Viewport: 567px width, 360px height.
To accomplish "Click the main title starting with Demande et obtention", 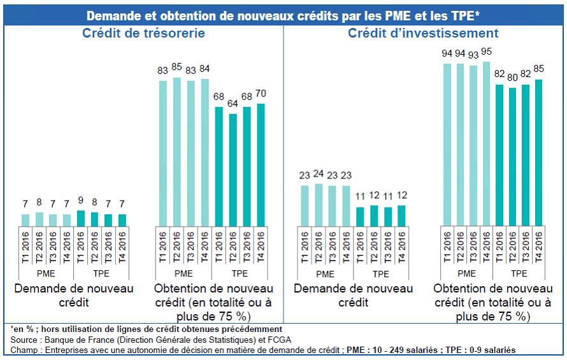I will (283, 15).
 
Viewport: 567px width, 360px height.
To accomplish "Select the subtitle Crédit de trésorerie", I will (143, 33).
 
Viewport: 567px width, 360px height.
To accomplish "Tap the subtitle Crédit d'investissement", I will (423, 33).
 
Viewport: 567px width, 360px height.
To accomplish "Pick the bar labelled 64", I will (233, 169).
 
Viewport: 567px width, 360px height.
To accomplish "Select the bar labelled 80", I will (513, 156).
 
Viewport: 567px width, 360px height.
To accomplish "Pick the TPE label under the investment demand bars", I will (380, 274).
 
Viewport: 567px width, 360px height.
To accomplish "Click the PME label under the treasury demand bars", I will (46, 274).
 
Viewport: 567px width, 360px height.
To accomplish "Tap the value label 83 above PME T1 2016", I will (163, 71).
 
